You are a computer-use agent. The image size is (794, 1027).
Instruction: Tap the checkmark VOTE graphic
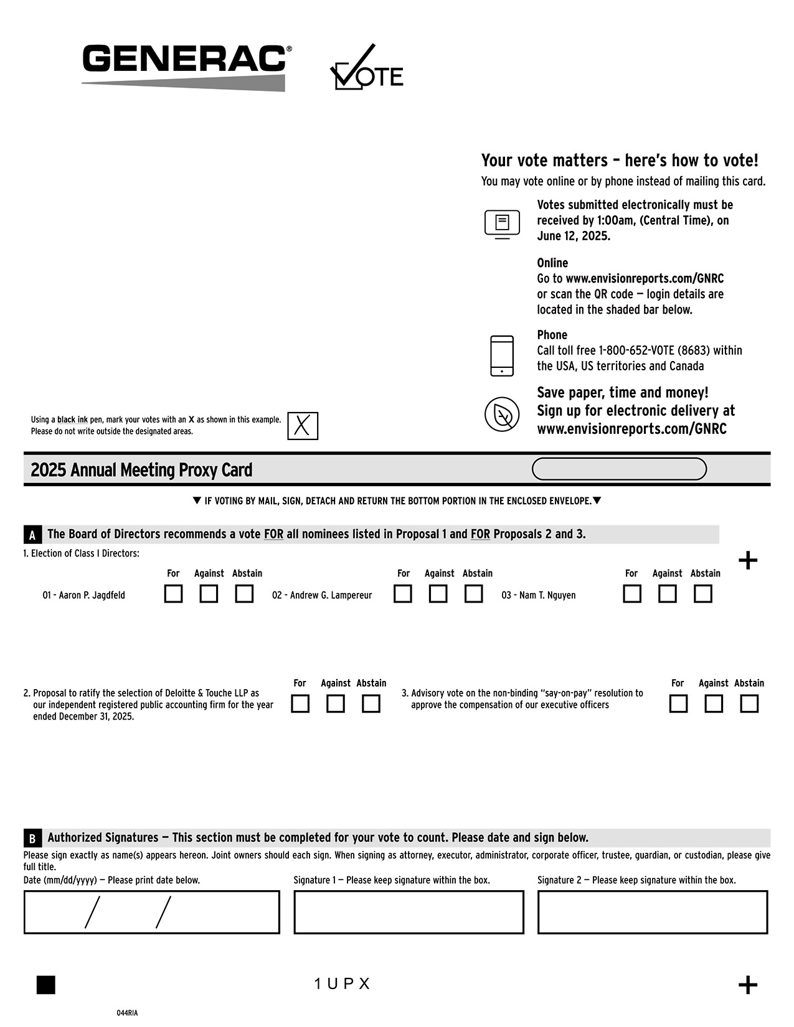(366, 68)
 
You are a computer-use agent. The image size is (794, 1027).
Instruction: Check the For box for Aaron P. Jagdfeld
(173, 594)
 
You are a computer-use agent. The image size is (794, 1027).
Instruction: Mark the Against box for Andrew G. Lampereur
(438, 594)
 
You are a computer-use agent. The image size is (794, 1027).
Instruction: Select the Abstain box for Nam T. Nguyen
(703, 594)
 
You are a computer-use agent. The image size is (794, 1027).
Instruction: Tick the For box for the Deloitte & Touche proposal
(300, 704)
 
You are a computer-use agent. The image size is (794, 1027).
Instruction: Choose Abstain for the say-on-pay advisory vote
(749, 704)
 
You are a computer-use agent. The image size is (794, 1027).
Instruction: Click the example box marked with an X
(303, 426)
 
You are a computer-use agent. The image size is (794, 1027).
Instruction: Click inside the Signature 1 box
(409, 912)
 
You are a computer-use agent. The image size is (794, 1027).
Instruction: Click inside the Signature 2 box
(653, 912)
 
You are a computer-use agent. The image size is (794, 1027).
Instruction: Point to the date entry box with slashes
(151, 912)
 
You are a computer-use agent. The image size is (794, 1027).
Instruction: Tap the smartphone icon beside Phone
(502, 356)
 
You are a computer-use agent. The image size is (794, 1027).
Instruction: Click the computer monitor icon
(502, 224)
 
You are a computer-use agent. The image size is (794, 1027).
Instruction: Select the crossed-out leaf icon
(502, 414)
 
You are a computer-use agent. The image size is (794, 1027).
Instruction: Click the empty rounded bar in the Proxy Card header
(619, 469)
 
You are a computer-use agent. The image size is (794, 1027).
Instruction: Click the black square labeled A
(32, 535)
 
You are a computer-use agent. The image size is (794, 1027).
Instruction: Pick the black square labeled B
(32, 838)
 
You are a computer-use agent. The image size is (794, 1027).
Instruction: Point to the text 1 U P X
(342, 984)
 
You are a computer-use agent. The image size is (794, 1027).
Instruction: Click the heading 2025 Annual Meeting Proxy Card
(141, 470)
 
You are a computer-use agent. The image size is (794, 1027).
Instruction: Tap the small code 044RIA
(127, 1013)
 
